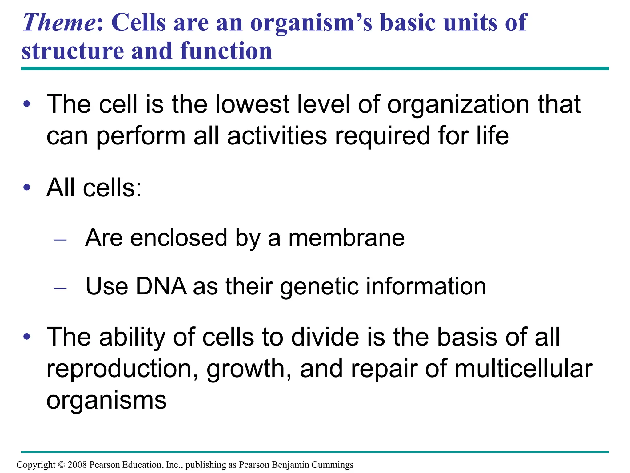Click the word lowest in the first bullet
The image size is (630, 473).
click(252, 104)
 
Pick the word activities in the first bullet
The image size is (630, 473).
click(277, 136)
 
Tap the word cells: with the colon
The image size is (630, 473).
click(112, 188)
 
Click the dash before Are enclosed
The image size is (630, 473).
click(60, 240)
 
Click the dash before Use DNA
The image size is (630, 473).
click(60, 288)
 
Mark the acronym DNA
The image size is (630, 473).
click(161, 286)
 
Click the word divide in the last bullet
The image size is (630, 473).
click(325, 337)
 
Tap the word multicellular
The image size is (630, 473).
click(523, 369)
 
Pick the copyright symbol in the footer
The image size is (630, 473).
click(62, 465)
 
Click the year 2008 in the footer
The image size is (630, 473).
click(77, 465)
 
